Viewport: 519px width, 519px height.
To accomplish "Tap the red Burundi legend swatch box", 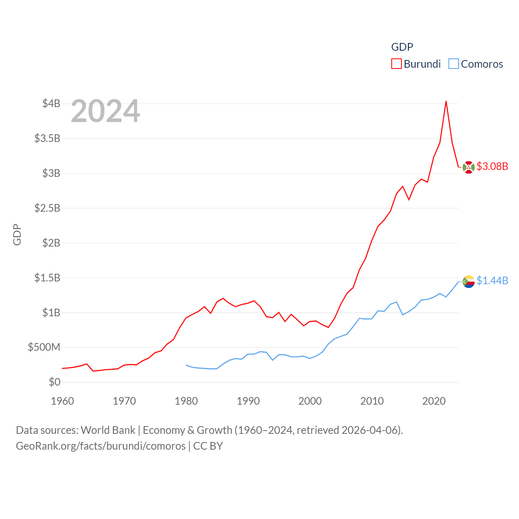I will (396, 64).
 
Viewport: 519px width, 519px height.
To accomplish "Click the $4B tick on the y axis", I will (51, 103).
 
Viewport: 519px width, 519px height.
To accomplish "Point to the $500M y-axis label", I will (44, 347).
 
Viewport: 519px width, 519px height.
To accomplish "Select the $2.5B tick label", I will (47, 208).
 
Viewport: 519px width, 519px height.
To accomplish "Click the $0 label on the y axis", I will (54, 382).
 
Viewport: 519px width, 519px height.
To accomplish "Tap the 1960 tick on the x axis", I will (62, 401).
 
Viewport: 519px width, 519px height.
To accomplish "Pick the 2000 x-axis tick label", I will (310, 401).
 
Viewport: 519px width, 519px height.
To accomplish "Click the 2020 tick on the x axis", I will (434, 401).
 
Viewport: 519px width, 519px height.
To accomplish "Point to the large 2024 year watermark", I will (105, 111).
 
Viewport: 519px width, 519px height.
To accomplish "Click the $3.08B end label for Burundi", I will (492, 166).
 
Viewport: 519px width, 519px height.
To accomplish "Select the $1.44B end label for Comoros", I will (492, 281).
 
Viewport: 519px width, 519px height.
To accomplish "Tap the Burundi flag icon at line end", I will (469, 167).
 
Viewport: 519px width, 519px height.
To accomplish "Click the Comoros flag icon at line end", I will (469, 281).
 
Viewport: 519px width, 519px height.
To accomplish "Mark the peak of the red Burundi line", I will (446, 101).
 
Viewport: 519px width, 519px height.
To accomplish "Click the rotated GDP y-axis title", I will (17, 234).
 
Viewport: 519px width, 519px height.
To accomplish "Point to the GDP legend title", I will (402, 47).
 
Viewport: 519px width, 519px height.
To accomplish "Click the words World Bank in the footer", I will (108, 430).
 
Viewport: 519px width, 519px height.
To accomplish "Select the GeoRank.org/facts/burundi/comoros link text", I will (101, 446).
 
